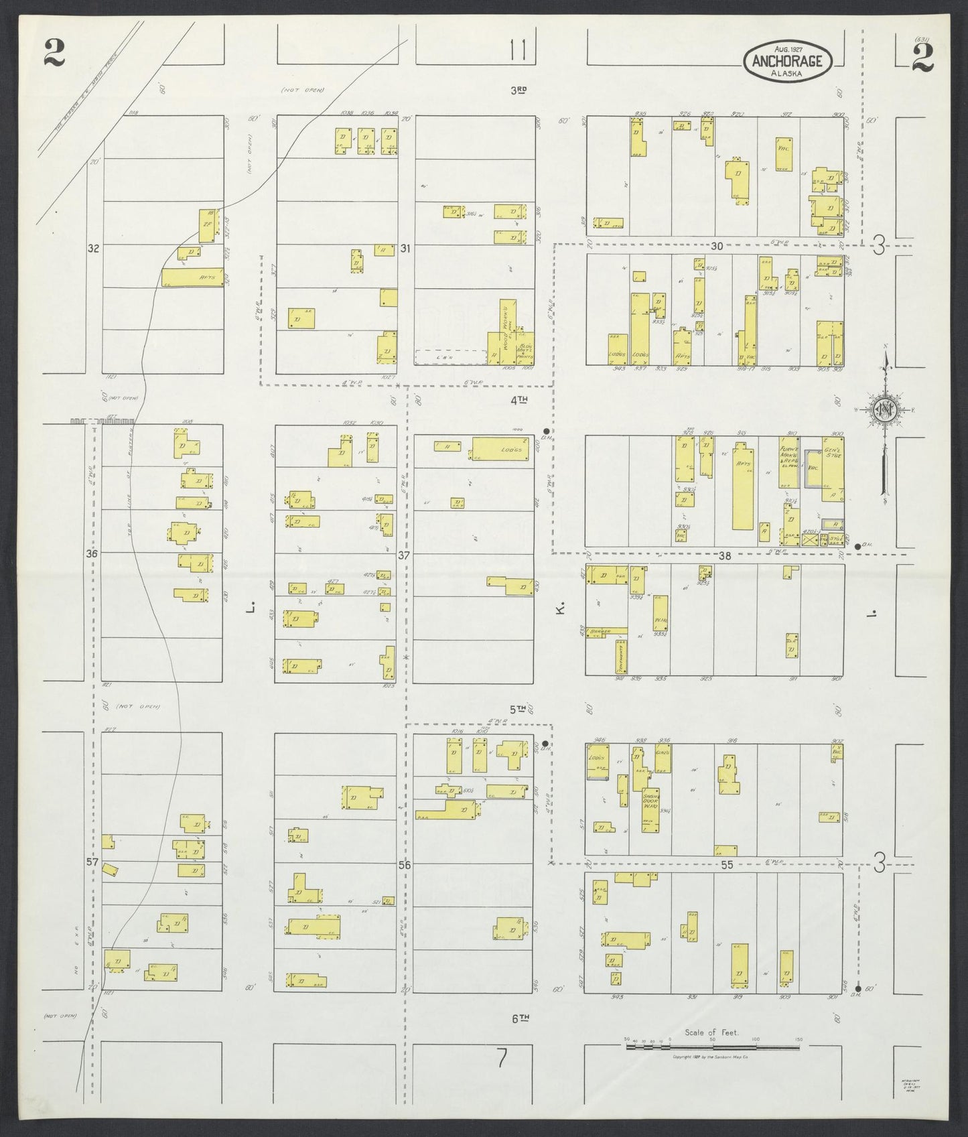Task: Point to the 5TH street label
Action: (x=516, y=709)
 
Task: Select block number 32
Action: (x=93, y=249)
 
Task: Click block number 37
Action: (x=404, y=555)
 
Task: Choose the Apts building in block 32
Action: (x=192, y=278)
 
